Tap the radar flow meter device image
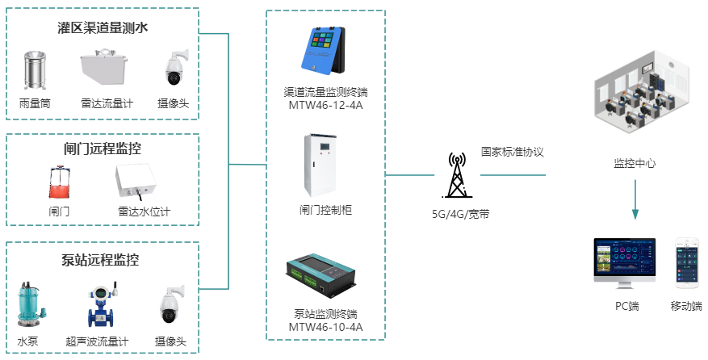coord(106,71)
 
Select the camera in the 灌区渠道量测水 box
coord(174,69)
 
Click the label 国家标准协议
coord(513,151)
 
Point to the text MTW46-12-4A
coord(325,104)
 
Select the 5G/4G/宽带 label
coord(460,214)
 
